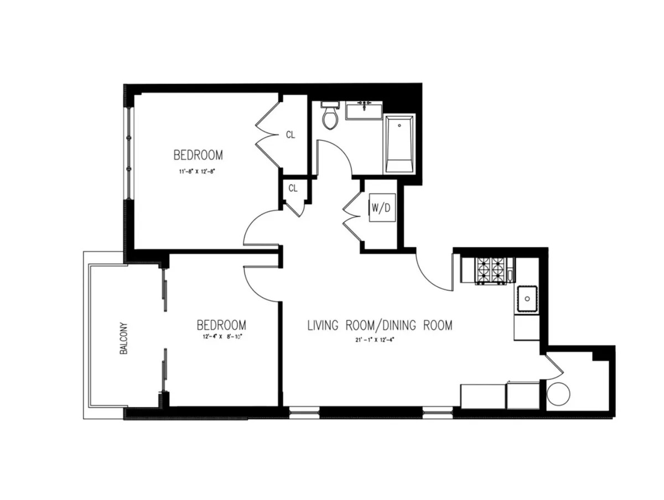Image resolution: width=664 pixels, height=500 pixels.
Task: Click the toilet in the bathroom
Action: [x=331, y=117]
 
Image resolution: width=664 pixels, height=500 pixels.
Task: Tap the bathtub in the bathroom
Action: [x=399, y=144]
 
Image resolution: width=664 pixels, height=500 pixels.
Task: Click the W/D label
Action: [x=382, y=209]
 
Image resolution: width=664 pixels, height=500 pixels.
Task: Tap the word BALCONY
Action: [x=124, y=338]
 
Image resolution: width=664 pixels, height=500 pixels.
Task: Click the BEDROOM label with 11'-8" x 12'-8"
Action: [x=198, y=154]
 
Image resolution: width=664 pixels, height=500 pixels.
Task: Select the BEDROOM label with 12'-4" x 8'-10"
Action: [x=221, y=324]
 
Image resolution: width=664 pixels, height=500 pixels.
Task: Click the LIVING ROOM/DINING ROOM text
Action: [x=380, y=325]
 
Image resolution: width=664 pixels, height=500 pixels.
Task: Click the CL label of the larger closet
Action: [x=290, y=134]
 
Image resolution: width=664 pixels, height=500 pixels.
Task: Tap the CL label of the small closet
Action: [x=293, y=189]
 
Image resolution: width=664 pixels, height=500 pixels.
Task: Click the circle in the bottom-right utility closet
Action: [x=558, y=393]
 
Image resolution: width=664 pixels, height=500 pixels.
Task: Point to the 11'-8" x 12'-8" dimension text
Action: [x=196, y=171]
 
